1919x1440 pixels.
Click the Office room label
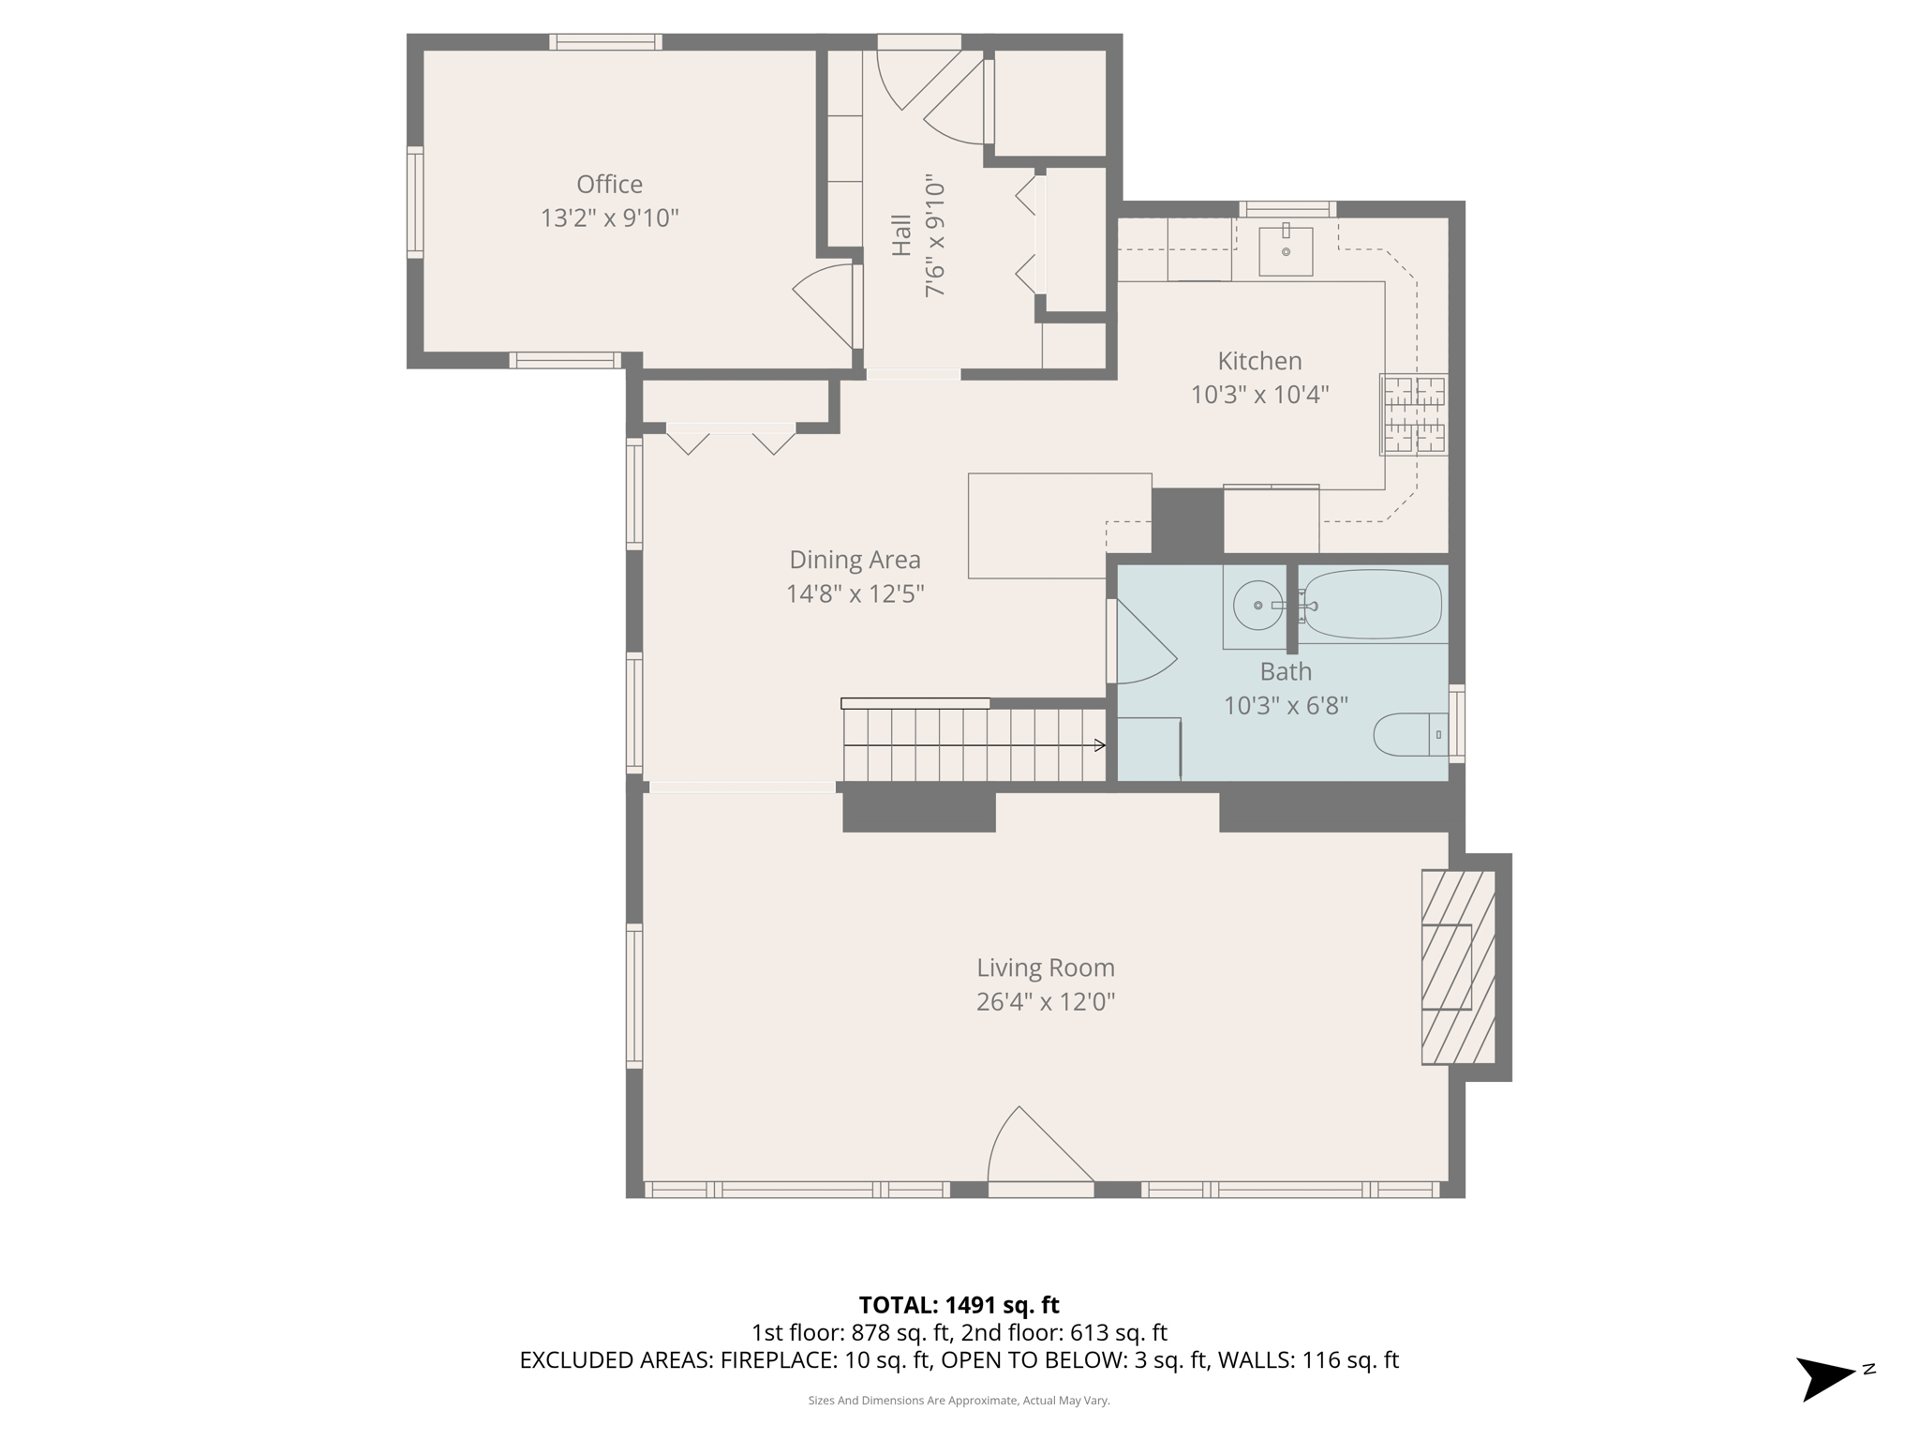(609, 184)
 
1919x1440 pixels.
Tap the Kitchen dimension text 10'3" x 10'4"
(1259, 395)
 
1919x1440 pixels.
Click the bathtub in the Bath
(1373, 605)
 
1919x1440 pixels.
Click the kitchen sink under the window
(1286, 251)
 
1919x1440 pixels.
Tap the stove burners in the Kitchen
(1414, 414)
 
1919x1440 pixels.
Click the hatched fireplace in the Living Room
(1457, 967)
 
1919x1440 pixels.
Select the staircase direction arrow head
(1100, 745)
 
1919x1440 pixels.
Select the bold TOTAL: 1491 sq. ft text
(959, 1305)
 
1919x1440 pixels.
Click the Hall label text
(900, 235)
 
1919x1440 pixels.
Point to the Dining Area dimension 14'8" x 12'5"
(855, 594)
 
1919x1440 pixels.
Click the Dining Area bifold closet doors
(731, 437)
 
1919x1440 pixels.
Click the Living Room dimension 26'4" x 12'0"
(1045, 1002)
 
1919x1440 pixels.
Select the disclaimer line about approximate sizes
(959, 1401)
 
